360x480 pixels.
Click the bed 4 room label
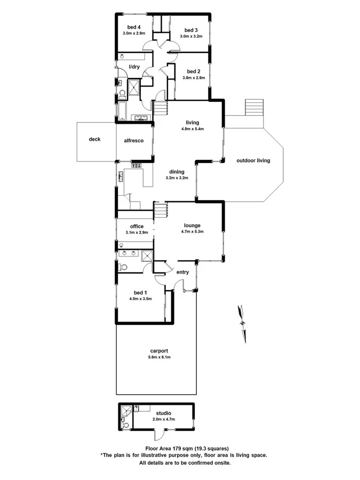pyautogui.click(x=133, y=27)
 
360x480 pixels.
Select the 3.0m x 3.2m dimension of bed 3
pyautogui.click(x=191, y=36)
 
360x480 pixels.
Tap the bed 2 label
pyautogui.click(x=194, y=71)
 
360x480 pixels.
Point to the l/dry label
pyautogui.click(x=134, y=67)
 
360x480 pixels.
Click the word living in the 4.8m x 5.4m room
pyautogui.click(x=193, y=122)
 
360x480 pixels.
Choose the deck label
pyautogui.click(x=94, y=139)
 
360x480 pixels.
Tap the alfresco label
pyautogui.click(x=133, y=140)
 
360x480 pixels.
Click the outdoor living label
pyautogui.click(x=253, y=160)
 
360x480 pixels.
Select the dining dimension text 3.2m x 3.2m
pyautogui.click(x=177, y=178)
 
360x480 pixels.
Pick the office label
pyautogui.click(x=137, y=227)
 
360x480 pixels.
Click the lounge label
pyautogui.click(x=193, y=225)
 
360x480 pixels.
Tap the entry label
pyautogui.click(x=182, y=272)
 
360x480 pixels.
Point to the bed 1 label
pyautogui.click(x=140, y=293)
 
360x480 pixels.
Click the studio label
pyautogui.click(x=163, y=413)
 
